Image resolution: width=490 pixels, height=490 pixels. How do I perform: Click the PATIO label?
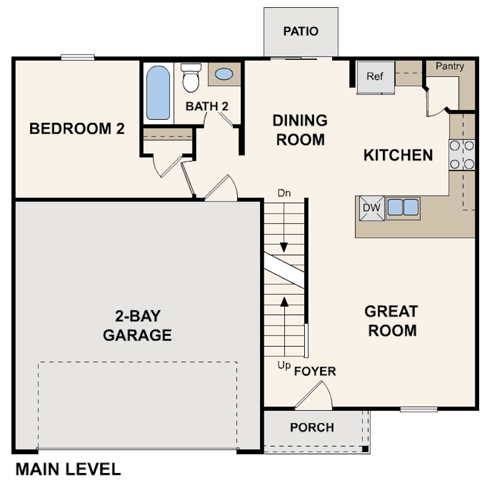(301, 31)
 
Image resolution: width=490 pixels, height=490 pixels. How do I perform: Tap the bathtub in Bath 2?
(158, 93)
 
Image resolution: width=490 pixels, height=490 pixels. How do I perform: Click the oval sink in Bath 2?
(224, 74)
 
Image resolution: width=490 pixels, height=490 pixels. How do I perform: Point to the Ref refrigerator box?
(375, 77)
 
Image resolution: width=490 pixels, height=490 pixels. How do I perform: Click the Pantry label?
(449, 67)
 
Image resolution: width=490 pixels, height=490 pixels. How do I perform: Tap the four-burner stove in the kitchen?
(462, 154)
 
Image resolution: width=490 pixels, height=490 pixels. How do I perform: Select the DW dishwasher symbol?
(371, 208)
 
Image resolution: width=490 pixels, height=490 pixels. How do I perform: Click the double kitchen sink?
(403, 207)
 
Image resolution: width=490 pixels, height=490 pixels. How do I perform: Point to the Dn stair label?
(284, 194)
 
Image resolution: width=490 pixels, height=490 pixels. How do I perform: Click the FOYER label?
(315, 371)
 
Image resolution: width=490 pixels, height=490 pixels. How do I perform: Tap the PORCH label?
(312, 428)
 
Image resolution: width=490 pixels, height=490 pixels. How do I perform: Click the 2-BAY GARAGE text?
(137, 325)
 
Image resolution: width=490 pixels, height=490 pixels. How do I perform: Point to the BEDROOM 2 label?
(77, 129)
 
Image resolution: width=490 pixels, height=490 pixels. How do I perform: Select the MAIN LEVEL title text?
(68, 469)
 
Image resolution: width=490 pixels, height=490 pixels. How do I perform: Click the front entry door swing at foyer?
(315, 396)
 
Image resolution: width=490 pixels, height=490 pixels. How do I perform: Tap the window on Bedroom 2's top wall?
(77, 57)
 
